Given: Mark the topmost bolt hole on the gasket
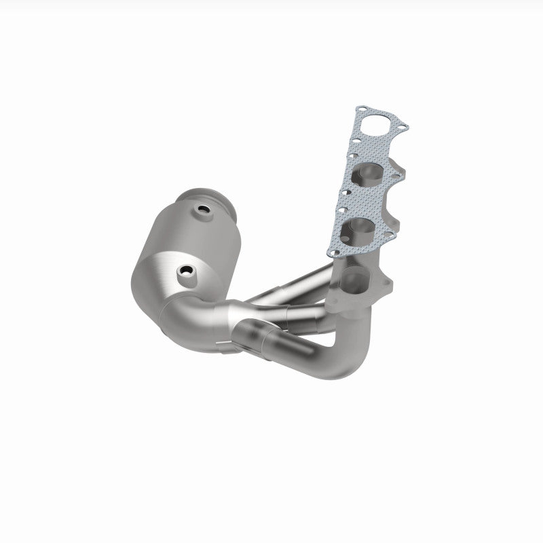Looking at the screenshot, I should (x=366, y=109).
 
